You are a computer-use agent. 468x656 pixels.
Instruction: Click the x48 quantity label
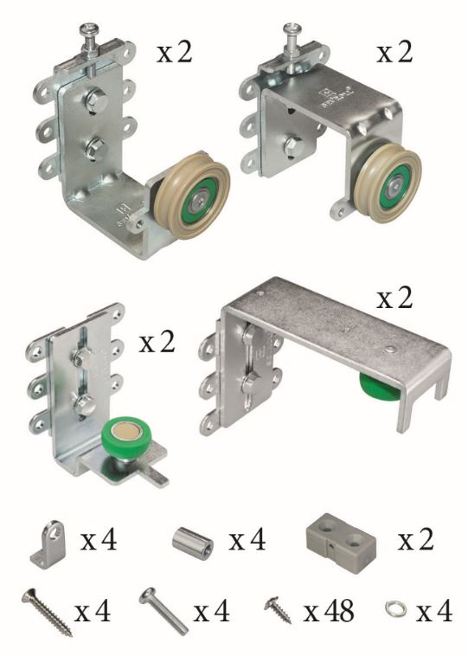pos(329,611)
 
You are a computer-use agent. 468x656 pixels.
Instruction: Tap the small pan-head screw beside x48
pos(278,610)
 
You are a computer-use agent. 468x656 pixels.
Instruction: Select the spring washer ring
pos(394,608)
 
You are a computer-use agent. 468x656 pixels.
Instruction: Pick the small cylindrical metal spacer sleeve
pos(193,540)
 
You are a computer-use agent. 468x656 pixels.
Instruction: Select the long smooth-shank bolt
pos(163,611)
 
